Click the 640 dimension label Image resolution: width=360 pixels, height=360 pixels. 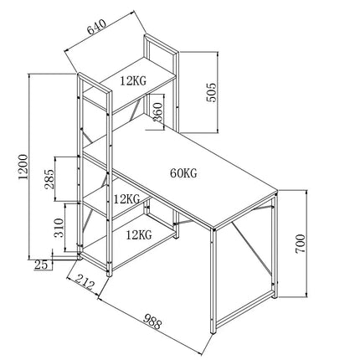click(x=96, y=27)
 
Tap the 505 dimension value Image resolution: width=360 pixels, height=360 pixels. click(x=211, y=92)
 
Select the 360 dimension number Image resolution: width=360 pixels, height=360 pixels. click(x=158, y=112)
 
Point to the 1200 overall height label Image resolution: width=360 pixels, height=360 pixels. click(x=23, y=167)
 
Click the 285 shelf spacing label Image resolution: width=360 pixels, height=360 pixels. click(x=49, y=179)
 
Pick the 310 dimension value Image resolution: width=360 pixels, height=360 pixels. click(x=59, y=228)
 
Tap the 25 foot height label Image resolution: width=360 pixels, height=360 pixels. click(x=41, y=265)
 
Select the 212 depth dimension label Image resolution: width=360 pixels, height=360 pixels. click(x=85, y=281)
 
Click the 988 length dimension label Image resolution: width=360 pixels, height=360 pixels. click(x=152, y=321)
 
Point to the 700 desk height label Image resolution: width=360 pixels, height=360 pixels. click(x=301, y=244)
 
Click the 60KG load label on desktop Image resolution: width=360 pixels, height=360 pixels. click(x=183, y=173)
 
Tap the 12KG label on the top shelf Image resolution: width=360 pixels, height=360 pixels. click(x=133, y=80)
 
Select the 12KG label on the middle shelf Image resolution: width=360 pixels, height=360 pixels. click(x=126, y=199)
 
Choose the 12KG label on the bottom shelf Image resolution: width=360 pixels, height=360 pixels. click(x=139, y=234)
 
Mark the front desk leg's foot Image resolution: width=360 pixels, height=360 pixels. click(x=213, y=332)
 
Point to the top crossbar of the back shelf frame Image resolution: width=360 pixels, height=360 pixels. click(x=162, y=44)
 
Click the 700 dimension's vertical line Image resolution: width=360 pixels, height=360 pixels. click(x=306, y=244)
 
